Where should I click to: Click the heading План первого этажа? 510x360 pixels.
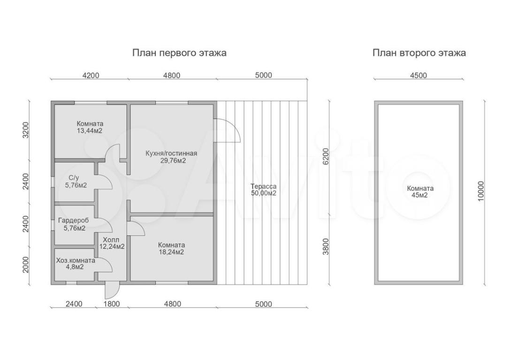tap(179, 53)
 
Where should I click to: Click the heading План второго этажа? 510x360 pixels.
tap(419, 53)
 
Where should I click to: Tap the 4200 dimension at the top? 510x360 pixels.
tap(91, 75)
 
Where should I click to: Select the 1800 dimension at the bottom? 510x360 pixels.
tap(112, 304)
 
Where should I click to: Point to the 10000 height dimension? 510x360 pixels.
tap(481, 191)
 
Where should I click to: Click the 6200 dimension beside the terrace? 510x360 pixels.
tap(326, 156)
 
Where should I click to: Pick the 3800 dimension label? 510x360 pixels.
tap(326, 247)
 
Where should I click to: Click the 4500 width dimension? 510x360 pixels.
tap(419, 75)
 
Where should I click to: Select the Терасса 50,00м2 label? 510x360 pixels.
tap(264, 190)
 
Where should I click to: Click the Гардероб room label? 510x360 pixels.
tap(74, 221)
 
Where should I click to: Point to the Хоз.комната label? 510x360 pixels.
tap(76, 261)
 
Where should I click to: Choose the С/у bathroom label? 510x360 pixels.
tap(74, 178)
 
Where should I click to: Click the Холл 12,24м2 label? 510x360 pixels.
tap(112, 243)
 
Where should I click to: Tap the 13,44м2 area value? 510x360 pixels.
tap(90, 131)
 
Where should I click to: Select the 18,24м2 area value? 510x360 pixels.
tap(171, 252)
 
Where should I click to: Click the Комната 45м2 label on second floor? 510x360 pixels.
tap(420, 192)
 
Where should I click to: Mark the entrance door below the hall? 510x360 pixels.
tap(112, 290)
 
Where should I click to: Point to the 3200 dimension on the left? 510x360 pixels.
tap(26, 130)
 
